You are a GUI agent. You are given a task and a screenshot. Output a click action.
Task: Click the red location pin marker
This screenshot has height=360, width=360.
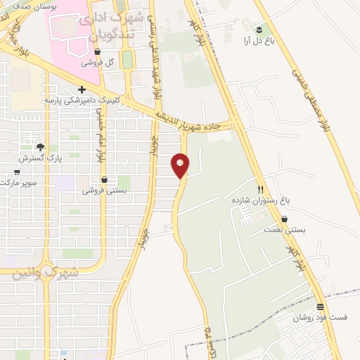point(181,165)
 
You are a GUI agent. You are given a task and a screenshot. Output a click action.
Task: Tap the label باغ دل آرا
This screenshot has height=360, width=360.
point(259,41)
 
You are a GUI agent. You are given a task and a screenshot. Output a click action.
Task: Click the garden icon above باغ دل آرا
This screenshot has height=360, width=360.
point(259,29)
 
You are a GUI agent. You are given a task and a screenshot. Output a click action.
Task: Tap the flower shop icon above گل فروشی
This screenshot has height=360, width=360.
point(98,51)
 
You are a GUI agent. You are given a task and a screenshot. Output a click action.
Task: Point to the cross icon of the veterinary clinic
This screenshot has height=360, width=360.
point(82,89)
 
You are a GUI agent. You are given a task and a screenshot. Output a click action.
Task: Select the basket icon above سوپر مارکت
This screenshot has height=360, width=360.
point(17,172)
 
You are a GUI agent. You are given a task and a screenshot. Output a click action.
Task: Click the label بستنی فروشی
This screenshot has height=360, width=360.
point(103,191)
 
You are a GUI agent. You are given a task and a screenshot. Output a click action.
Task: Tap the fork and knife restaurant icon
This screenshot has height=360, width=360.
point(260,189)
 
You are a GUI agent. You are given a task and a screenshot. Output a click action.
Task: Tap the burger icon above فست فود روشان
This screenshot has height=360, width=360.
point(321,306)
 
